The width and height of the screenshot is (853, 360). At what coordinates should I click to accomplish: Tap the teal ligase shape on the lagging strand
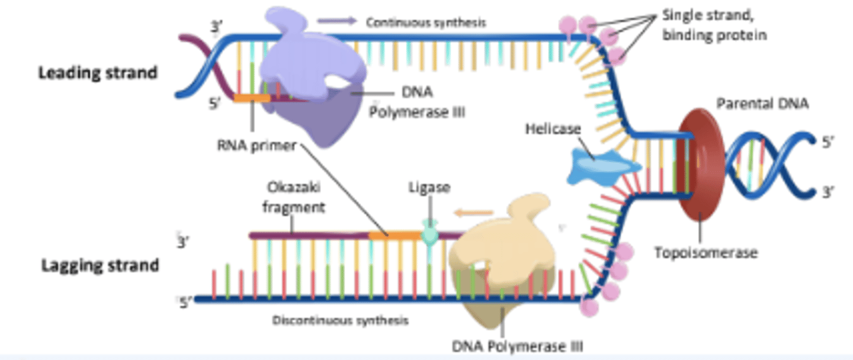431,234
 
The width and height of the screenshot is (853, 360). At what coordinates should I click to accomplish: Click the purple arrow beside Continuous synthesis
337,21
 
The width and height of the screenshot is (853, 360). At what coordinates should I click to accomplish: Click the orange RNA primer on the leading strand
252,98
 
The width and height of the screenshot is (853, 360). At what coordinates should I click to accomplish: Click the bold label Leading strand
98,73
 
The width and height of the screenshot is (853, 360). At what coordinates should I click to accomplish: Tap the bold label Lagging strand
100,265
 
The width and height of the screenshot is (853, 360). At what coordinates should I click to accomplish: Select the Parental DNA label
763,104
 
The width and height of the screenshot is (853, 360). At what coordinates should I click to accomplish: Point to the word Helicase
553,128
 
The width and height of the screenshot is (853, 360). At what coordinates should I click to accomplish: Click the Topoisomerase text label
706,253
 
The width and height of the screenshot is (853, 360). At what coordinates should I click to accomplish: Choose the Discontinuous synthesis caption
340,320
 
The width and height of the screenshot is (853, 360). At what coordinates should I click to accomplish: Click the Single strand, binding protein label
714,25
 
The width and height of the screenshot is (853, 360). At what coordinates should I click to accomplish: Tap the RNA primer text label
256,146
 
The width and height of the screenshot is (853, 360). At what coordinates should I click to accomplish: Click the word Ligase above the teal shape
429,188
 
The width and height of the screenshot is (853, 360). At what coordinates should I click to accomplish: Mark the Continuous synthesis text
426,22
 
